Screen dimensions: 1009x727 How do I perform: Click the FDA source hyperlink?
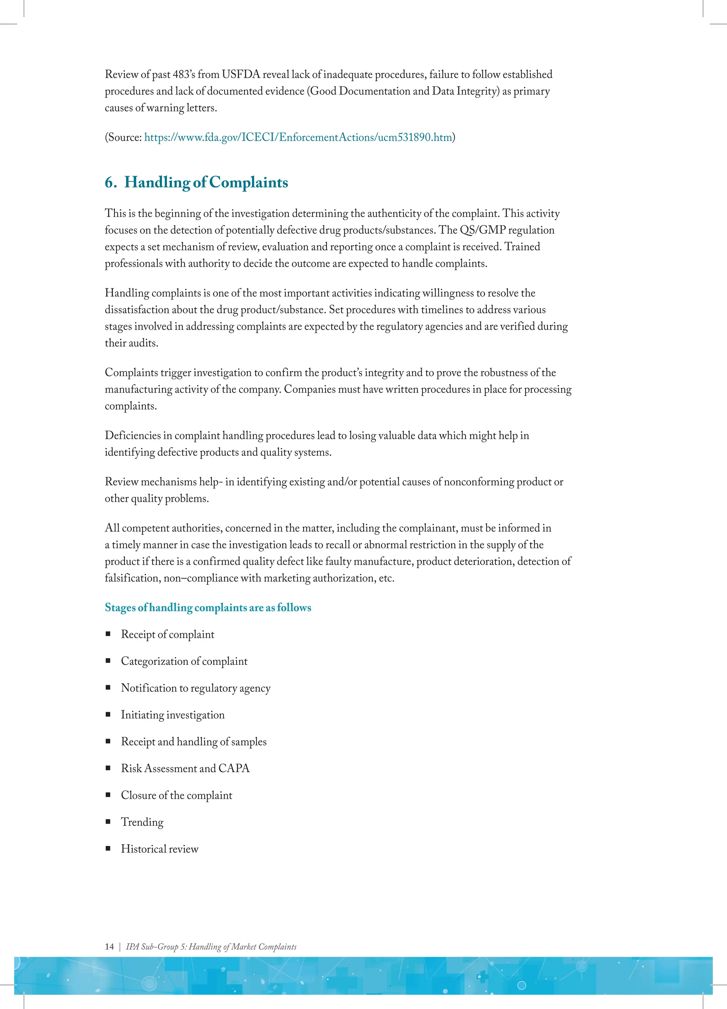click(x=298, y=137)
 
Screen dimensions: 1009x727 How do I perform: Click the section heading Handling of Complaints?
click(x=206, y=183)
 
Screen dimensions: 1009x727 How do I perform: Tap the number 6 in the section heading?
click(x=109, y=183)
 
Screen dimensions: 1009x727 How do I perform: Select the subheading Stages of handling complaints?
click(x=208, y=607)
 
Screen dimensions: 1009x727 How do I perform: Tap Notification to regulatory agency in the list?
click(x=196, y=688)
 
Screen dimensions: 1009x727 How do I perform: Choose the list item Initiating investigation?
click(x=173, y=715)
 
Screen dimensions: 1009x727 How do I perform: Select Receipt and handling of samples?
click(x=193, y=742)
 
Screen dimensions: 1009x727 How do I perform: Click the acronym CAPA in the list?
click(x=234, y=768)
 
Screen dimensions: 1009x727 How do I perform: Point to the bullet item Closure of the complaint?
click(x=176, y=796)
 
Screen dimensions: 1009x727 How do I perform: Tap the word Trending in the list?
click(x=142, y=822)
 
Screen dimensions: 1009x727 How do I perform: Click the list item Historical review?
click(x=160, y=849)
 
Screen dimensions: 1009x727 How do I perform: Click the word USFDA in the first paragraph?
click(x=241, y=74)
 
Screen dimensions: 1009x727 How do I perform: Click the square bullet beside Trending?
click(x=108, y=822)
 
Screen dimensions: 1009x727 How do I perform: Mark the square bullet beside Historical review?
click(x=108, y=848)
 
